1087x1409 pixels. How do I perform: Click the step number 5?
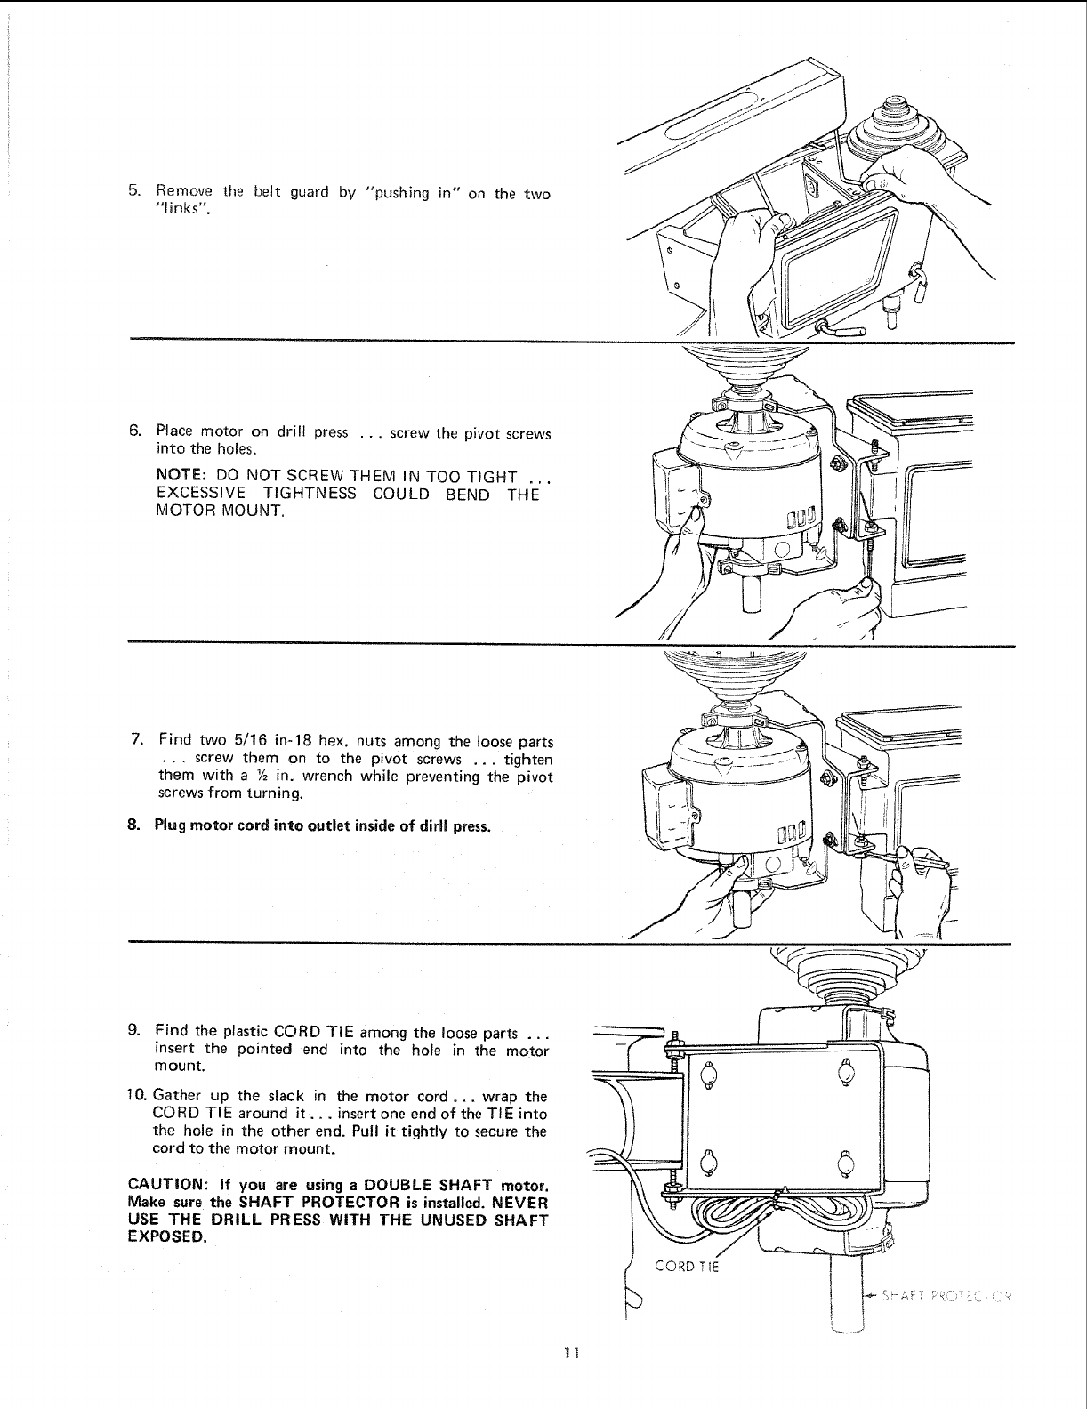133,191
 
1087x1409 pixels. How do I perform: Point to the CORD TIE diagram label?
685,1268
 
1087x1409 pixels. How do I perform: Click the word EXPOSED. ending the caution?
167,1237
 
